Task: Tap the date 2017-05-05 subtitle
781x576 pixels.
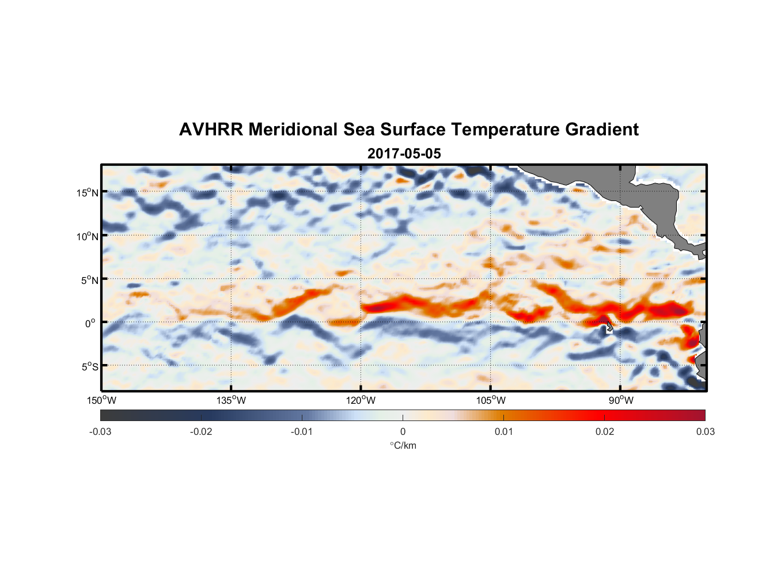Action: [x=404, y=154]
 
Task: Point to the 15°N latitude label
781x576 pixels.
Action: [x=87, y=192]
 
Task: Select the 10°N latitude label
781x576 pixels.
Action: [x=87, y=236]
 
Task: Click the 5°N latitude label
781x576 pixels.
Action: [x=89, y=280]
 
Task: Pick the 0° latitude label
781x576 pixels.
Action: [x=90, y=323]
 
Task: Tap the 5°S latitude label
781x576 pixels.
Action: [x=89, y=367]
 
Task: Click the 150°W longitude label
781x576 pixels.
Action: [x=101, y=400]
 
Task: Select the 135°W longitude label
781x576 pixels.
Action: [x=231, y=400]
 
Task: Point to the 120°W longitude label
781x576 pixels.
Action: [x=361, y=400]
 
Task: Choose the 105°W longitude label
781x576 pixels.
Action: [x=491, y=400]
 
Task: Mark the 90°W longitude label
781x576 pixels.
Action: [x=621, y=400]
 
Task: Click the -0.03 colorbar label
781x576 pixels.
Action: [x=100, y=431]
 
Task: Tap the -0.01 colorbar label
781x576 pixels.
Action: [x=302, y=431]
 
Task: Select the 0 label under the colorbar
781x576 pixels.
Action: [x=403, y=431]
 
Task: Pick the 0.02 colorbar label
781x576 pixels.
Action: [x=605, y=431]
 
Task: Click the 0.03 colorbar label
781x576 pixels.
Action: [x=705, y=431]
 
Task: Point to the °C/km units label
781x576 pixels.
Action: [x=403, y=445]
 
